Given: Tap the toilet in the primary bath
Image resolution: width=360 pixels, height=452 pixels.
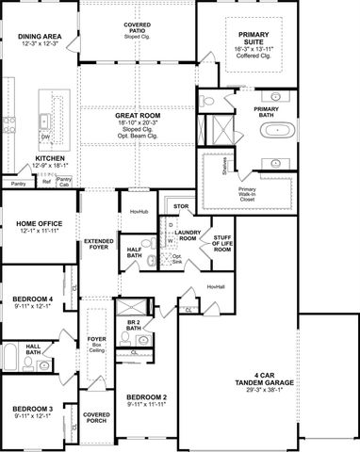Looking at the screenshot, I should (x=209, y=99).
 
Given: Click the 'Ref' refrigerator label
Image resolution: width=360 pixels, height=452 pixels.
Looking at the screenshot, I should (x=46, y=184).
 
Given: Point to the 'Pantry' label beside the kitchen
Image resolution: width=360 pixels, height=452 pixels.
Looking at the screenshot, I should (x=18, y=184).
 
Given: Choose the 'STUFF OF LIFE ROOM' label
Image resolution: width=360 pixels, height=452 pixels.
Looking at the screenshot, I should (x=222, y=244).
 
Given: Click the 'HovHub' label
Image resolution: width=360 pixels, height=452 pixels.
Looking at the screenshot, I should (x=139, y=213).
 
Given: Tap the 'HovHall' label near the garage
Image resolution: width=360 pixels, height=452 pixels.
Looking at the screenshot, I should (x=215, y=286).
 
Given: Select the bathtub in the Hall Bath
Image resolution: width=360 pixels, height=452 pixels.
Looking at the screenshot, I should (x=9, y=358).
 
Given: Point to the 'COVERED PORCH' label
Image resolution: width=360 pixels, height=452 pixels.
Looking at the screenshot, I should (x=95, y=416).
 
